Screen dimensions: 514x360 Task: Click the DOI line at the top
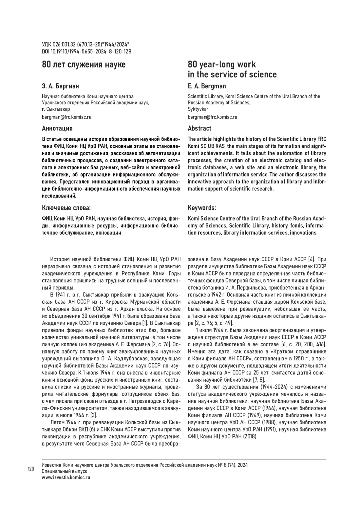(86, 52)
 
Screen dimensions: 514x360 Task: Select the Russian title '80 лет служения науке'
(84, 65)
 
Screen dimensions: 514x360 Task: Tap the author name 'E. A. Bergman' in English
(207, 86)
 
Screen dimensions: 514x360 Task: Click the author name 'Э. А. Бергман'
(61, 86)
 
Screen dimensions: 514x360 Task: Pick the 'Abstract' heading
(199, 128)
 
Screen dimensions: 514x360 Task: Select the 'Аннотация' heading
(57, 128)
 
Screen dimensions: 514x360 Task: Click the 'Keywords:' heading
(202, 208)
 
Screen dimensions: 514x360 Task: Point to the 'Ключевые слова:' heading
(66, 208)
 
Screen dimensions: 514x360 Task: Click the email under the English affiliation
(212, 117)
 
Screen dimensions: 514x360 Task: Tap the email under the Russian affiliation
(67, 117)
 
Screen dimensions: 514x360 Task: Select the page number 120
(31, 468)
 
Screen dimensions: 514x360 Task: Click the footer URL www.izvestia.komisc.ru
(66, 477)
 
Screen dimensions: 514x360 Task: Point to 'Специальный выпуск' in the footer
(64, 471)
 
